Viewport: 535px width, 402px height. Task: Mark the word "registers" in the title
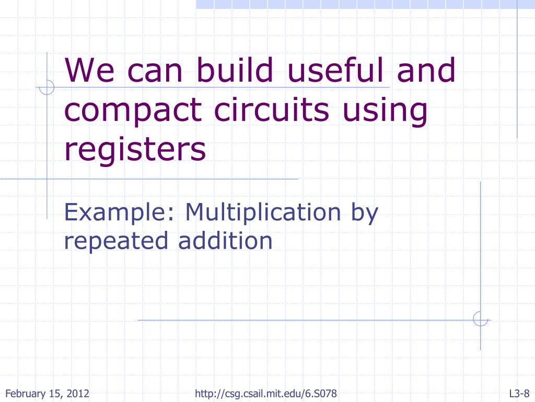click(135, 149)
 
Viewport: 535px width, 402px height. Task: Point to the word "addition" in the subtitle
click(225, 240)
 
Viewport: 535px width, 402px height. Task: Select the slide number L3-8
click(520, 394)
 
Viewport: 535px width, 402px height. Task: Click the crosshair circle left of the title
click(47, 87)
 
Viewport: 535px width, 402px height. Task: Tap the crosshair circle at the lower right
click(480, 319)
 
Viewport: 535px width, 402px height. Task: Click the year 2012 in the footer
click(79, 394)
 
